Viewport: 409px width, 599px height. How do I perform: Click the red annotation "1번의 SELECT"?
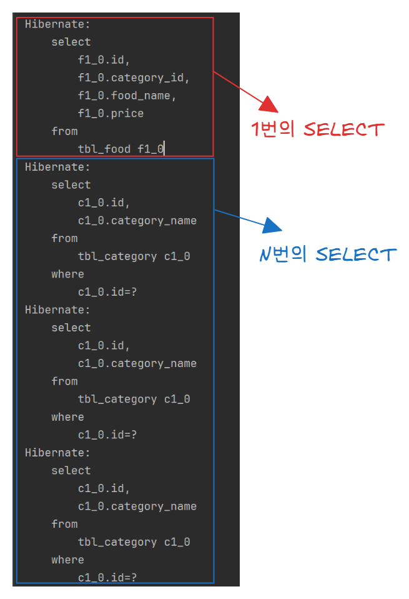[317, 129]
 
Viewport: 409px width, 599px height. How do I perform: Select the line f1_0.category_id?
[134, 78]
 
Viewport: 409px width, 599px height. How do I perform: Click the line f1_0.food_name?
[127, 96]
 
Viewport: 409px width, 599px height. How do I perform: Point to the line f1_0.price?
[111, 114]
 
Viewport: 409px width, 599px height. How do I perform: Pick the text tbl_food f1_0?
[121, 149]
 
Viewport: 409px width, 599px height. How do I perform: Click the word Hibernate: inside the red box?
[57, 24]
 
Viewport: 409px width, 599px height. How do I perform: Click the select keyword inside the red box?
[71, 43]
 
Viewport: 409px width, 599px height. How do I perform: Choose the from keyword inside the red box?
[64, 131]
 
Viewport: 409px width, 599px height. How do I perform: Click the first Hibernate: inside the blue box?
[57, 167]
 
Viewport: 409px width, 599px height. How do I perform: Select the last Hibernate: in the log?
[57, 452]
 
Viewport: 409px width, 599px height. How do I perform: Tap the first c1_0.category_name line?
[137, 221]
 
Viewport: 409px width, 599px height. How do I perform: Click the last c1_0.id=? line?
[107, 577]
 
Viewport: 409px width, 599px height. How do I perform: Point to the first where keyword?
[67, 274]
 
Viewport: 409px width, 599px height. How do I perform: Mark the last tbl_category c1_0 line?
[134, 541]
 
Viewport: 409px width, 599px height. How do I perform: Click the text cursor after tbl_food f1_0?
[164, 149]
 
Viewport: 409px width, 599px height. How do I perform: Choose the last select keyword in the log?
[71, 470]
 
